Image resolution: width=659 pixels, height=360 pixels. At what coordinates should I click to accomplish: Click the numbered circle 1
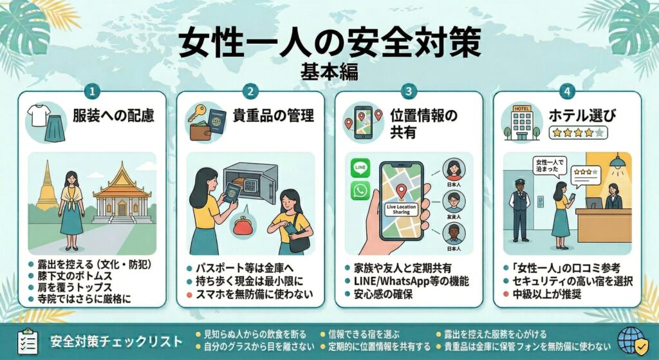click(93, 92)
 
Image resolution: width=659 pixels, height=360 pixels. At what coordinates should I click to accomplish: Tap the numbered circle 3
click(409, 92)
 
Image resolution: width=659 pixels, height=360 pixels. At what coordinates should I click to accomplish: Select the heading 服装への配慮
click(112, 117)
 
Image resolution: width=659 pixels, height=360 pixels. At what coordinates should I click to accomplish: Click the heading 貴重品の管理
click(274, 117)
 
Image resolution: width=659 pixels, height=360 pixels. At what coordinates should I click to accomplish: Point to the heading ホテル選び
click(582, 116)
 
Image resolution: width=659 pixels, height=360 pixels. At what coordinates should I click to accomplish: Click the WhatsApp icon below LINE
click(360, 191)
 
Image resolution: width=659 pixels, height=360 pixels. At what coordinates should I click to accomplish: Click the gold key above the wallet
click(196, 111)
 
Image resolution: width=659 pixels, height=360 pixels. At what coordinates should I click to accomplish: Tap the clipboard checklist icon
click(26, 341)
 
